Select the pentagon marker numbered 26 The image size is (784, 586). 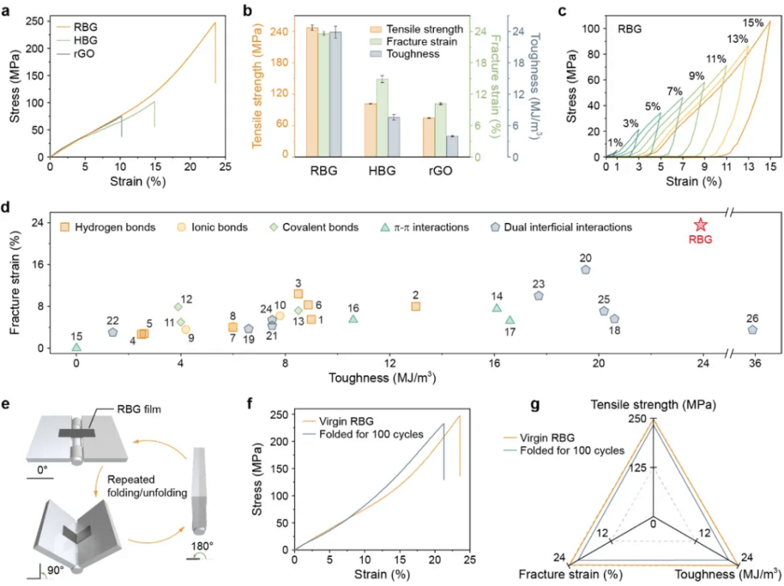coord(752,329)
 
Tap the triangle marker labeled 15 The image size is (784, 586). coord(77,347)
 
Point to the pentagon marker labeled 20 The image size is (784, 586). coord(586,270)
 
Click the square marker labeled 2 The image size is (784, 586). coord(416,306)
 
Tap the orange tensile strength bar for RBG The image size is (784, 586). coord(312,92)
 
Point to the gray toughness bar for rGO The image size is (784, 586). coord(452,146)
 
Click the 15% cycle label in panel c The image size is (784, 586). coord(754,23)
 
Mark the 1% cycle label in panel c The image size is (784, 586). coord(615,142)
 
